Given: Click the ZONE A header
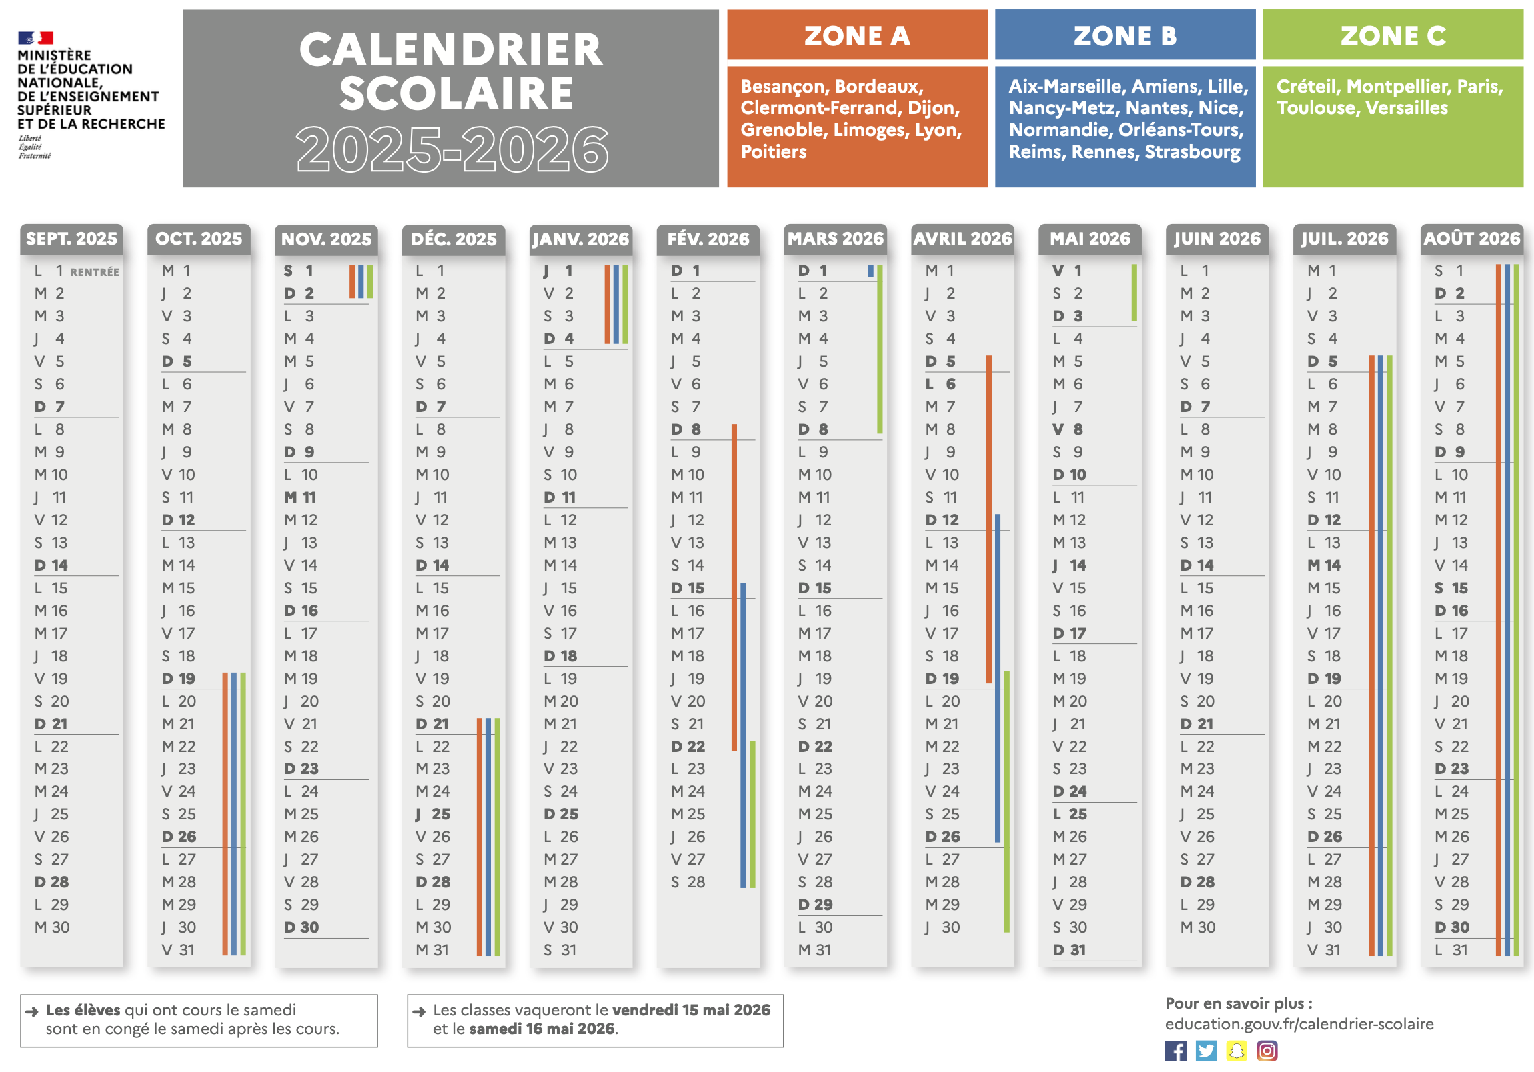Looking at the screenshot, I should [856, 35].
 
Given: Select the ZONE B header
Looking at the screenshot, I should [1124, 35].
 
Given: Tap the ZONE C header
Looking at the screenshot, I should [1393, 35].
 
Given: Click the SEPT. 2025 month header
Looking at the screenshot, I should [71, 239].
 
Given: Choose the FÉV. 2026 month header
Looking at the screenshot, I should [708, 239].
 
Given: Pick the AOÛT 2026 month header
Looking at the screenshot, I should [1471, 239].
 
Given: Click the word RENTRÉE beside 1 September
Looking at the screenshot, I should [95, 272].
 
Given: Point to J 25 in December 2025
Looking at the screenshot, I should [433, 813].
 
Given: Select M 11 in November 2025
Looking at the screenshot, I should [300, 497].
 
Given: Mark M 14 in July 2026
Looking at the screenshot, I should [1323, 565].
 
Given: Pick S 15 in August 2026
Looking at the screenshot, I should [1451, 588].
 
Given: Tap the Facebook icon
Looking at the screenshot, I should [1175, 1051].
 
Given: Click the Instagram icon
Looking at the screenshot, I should [1267, 1051].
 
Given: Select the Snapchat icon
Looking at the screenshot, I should [1236, 1051].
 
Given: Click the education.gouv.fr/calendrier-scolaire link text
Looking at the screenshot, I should [1299, 1024].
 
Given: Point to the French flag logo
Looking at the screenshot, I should [35, 37].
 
